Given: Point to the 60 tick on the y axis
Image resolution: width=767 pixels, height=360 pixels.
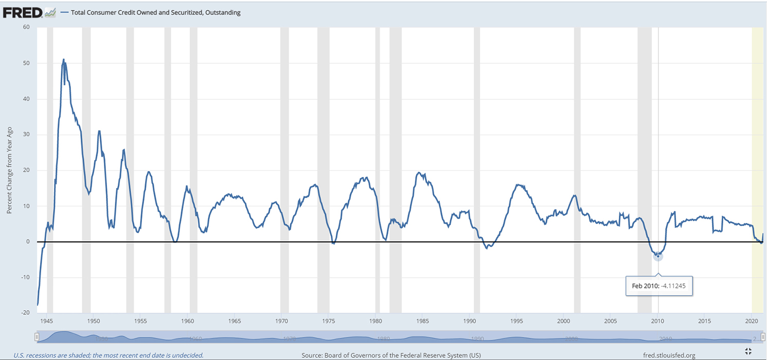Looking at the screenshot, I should pos(25,27).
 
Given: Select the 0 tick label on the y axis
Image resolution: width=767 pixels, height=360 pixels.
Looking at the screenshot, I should pos(27,242).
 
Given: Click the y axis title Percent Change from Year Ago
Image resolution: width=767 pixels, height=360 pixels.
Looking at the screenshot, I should pos(9,170).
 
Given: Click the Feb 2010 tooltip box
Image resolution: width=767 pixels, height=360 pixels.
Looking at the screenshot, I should pos(659,285).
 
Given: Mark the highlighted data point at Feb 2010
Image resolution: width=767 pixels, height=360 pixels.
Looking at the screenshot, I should pos(658,256).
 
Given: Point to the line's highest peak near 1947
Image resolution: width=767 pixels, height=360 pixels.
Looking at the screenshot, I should pos(64,59).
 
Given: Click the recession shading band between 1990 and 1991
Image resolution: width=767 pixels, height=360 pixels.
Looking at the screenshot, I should pos(477,170).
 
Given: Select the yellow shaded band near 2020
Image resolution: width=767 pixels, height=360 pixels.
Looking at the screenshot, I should pos(757,170).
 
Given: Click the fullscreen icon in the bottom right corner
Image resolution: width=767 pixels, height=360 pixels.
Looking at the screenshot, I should pos(748,351).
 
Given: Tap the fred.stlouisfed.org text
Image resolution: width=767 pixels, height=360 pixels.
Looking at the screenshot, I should pos(669,355).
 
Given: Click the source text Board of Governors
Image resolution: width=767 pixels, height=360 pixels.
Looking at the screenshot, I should pos(391,355).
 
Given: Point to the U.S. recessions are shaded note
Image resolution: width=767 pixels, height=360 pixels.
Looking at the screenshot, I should pos(108,355).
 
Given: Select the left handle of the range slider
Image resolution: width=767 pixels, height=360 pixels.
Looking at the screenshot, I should pos(37,337).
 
